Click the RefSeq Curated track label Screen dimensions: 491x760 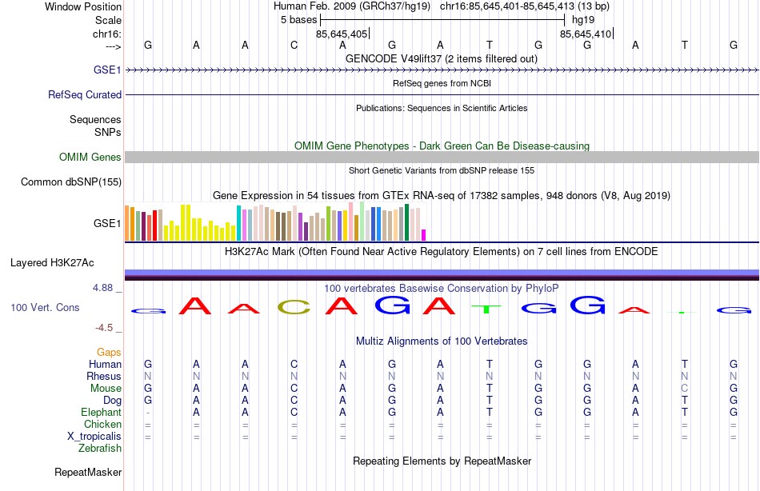click(85, 94)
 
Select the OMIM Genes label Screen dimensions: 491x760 click(90, 158)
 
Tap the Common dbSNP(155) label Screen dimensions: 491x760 click(71, 182)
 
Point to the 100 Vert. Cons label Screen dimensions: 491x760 click(45, 307)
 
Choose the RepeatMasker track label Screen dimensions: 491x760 click(88, 473)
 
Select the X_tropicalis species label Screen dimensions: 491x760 click(94, 437)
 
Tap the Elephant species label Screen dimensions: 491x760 click(101, 413)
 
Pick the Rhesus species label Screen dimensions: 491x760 click(104, 377)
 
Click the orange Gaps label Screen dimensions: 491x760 click(109, 353)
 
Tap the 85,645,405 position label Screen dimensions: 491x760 click(342, 34)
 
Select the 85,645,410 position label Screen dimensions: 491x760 click(586, 34)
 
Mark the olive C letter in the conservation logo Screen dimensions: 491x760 click(294, 306)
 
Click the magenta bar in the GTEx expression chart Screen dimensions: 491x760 click(423, 234)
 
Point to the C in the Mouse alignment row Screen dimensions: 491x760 click(685, 389)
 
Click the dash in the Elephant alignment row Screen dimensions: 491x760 click(148, 413)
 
